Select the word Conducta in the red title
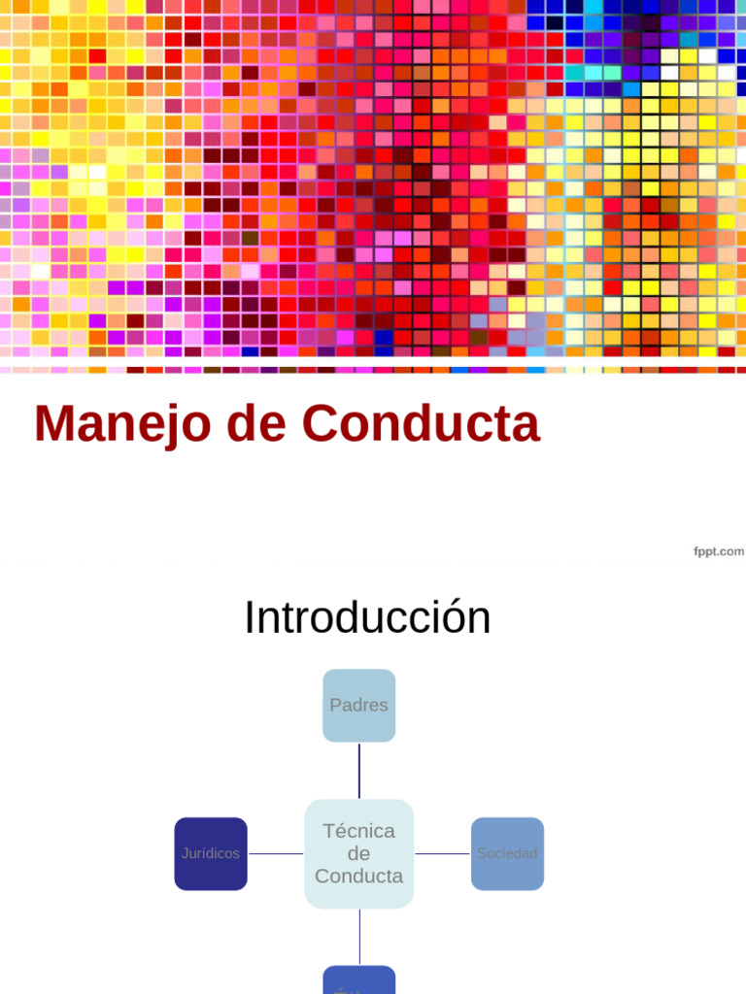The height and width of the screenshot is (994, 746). [421, 424]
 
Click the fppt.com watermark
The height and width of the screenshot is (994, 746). [718, 551]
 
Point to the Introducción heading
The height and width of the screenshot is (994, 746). [367, 618]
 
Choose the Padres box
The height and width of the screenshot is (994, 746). [359, 706]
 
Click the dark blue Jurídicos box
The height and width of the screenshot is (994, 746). [211, 854]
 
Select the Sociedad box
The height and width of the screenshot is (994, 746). [507, 854]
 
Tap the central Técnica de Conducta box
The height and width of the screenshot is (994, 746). [359, 854]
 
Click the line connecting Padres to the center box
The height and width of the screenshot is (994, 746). [359, 771]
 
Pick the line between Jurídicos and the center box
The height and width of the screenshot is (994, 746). [276, 854]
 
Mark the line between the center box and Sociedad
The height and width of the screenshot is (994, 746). [443, 854]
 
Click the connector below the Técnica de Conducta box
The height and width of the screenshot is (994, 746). [359, 937]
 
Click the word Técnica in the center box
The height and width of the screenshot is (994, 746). [359, 832]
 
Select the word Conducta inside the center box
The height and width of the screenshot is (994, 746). [359, 877]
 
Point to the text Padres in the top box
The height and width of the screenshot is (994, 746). [359, 706]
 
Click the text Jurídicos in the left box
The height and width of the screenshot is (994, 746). [211, 854]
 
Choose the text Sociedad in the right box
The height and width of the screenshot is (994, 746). [507, 854]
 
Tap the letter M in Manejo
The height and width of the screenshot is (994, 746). [53, 424]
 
